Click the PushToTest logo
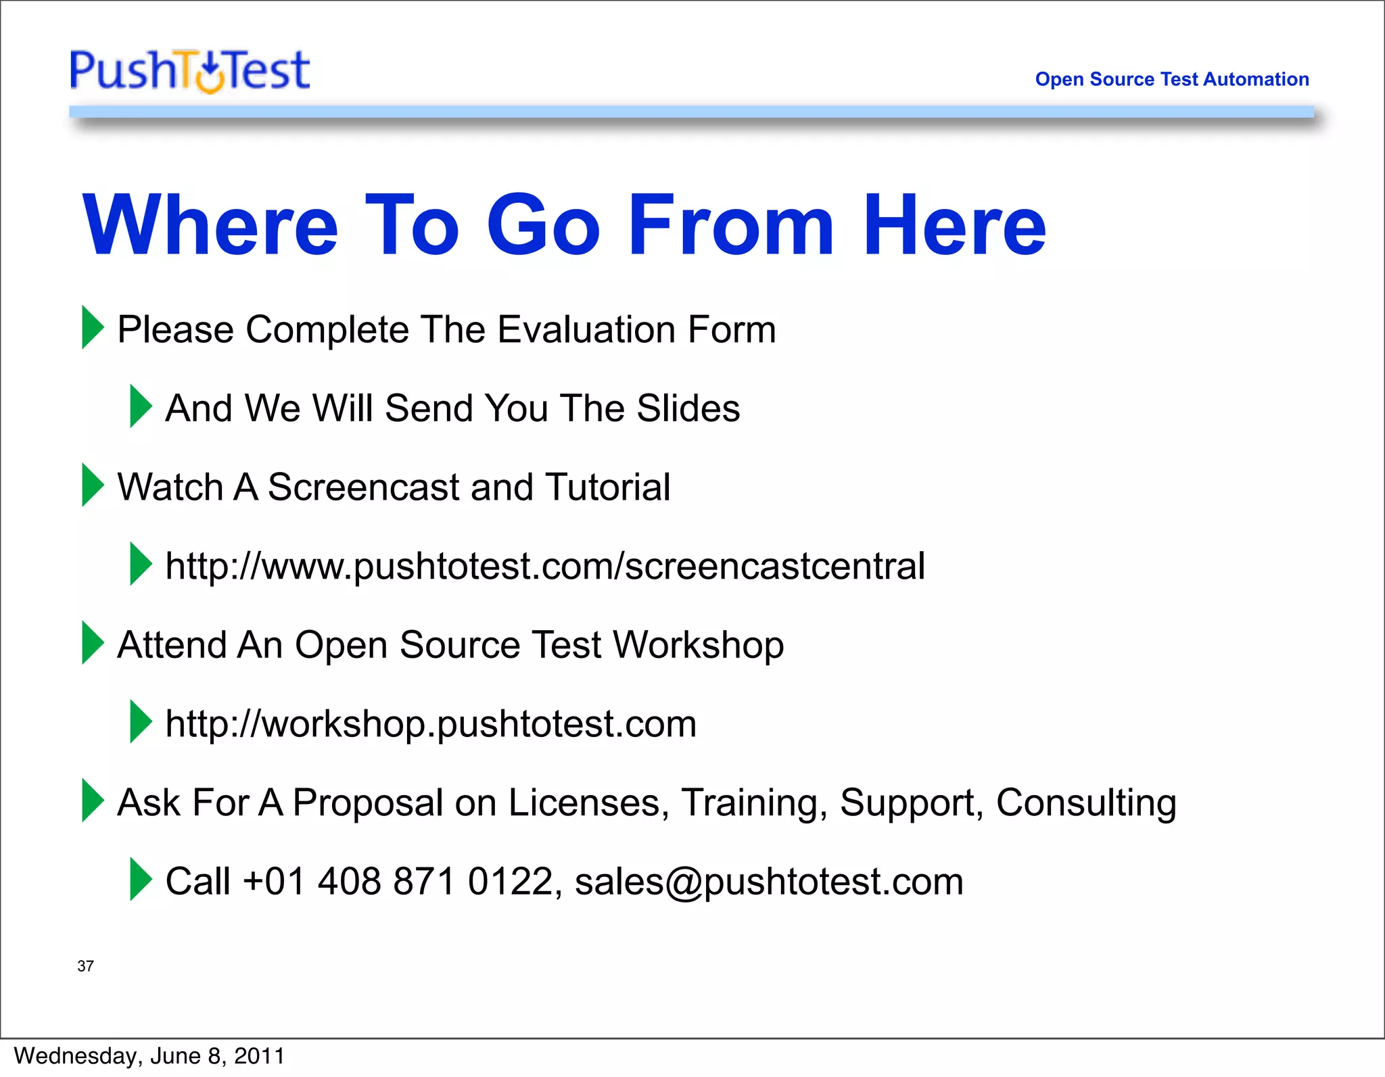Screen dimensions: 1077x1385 tap(190, 70)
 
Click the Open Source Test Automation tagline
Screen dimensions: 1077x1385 tap(1171, 79)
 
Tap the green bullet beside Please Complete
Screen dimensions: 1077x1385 tap(93, 327)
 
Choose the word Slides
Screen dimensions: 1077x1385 tap(688, 408)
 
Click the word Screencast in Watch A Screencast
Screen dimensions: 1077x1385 tap(363, 487)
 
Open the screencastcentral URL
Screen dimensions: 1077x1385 tap(544, 567)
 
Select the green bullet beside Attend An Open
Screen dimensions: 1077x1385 tap(93, 642)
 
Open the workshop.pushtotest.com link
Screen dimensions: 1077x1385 tap(431, 724)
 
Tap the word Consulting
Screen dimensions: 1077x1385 tap(1086, 803)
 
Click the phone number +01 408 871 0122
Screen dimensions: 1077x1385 tap(399, 882)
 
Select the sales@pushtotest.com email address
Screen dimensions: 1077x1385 tap(769, 882)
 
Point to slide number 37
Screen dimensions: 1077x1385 tap(85, 966)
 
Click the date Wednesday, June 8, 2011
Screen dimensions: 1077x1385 tap(149, 1056)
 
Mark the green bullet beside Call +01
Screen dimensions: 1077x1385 tap(141, 879)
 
